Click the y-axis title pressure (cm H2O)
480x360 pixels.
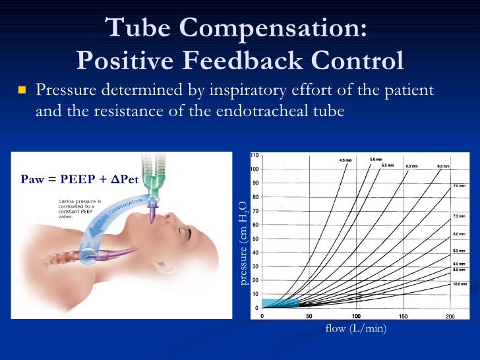(x=242, y=244)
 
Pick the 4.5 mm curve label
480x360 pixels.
(x=345, y=161)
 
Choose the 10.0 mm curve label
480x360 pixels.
(x=459, y=284)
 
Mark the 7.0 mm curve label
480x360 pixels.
(x=459, y=187)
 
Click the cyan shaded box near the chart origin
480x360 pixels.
(x=280, y=303)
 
